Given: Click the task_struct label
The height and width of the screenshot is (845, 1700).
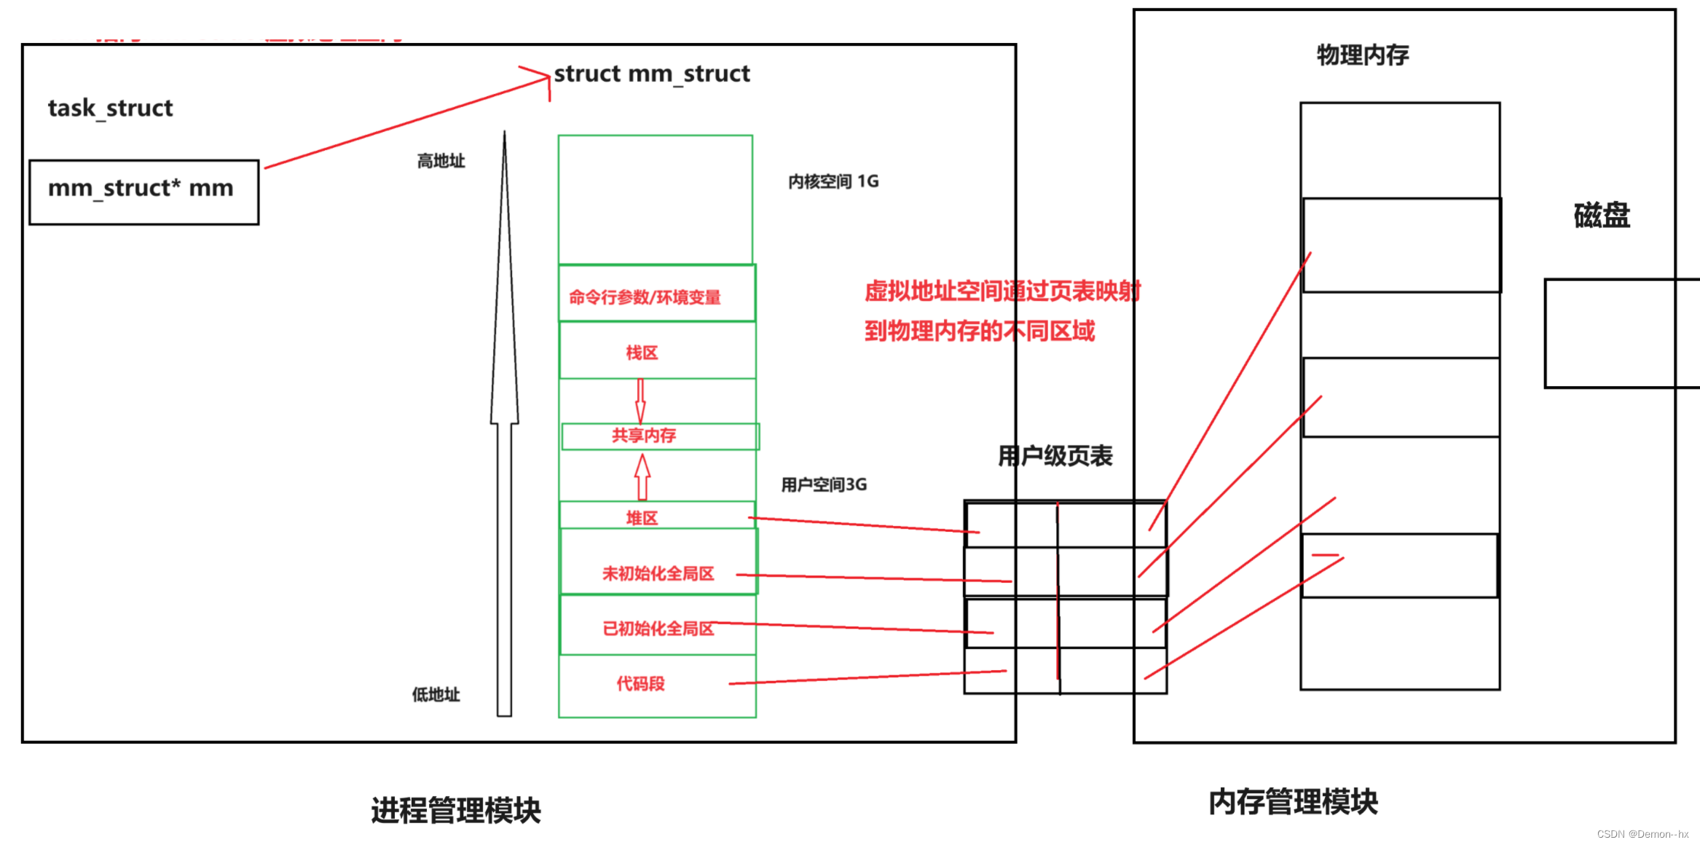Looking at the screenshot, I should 110,109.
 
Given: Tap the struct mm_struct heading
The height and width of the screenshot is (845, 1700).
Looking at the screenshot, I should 652,74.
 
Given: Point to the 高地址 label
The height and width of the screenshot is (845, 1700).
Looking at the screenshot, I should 441,161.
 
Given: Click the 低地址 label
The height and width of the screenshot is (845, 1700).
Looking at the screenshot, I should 436,695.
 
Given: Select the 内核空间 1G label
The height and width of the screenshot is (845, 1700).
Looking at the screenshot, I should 833,181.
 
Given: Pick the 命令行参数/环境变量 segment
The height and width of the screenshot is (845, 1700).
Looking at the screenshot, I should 645,297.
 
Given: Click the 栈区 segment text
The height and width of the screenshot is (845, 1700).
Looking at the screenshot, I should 642,353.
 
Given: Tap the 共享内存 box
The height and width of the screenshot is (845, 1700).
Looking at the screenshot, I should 645,436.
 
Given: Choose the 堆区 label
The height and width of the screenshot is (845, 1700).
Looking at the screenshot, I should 642,518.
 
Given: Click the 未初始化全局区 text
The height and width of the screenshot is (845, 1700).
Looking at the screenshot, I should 658,574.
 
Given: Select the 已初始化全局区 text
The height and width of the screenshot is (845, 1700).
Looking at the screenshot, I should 658,629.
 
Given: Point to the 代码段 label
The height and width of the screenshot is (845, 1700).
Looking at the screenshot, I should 640,684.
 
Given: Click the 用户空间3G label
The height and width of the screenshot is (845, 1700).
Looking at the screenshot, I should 824,485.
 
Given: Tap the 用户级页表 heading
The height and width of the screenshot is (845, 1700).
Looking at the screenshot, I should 1055,457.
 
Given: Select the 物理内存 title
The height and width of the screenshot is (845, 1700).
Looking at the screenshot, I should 1362,55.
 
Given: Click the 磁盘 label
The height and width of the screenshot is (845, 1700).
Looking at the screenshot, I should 1602,216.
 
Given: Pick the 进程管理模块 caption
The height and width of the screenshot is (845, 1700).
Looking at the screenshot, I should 456,811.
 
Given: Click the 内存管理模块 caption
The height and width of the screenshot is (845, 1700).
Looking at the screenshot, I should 1293,802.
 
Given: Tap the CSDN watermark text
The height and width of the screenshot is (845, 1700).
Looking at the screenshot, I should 1642,834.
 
